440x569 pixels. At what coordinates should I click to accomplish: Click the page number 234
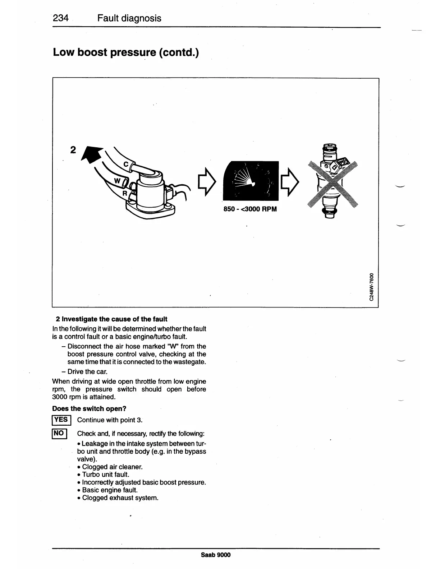tap(61, 18)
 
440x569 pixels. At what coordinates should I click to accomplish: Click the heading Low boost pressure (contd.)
tap(125, 52)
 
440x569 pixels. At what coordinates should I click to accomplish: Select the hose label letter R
tap(125, 193)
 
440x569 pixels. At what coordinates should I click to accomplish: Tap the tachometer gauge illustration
tap(251, 181)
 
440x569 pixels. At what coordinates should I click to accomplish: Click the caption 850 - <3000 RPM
tap(250, 209)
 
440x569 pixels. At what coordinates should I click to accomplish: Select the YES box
tap(61, 420)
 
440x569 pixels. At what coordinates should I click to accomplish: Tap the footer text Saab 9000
tap(216, 555)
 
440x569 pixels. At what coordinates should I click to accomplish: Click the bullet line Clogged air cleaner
tap(112, 467)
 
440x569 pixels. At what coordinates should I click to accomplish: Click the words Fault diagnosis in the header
tap(129, 18)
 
